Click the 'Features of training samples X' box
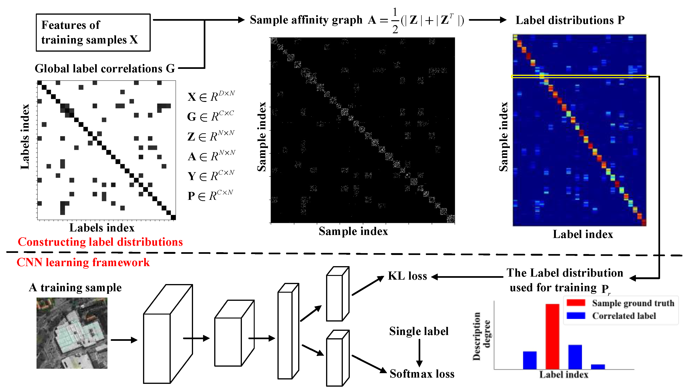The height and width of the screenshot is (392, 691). point(93,32)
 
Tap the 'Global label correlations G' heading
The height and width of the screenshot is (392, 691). point(105,69)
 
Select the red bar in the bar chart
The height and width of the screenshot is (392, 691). point(552,337)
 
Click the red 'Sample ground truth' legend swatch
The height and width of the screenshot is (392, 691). point(576,303)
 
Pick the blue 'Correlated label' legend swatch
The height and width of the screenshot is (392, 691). point(576,315)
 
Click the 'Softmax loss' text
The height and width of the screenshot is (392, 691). point(422,374)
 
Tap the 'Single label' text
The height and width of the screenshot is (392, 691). point(419,331)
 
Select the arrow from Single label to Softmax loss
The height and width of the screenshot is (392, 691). point(419,353)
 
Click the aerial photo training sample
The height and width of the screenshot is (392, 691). point(72,333)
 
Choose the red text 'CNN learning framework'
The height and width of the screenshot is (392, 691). point(83,262)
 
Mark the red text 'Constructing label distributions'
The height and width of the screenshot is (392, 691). point(100,242)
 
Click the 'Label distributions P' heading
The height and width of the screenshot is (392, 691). point(570,20)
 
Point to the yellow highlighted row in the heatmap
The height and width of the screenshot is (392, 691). point(580,77)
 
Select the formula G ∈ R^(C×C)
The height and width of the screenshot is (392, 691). point(210,117)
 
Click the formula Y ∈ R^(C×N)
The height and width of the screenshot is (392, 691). point(211,176)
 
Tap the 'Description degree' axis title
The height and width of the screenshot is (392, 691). point(481,336)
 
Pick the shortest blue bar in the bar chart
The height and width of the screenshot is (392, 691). point(598,367)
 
